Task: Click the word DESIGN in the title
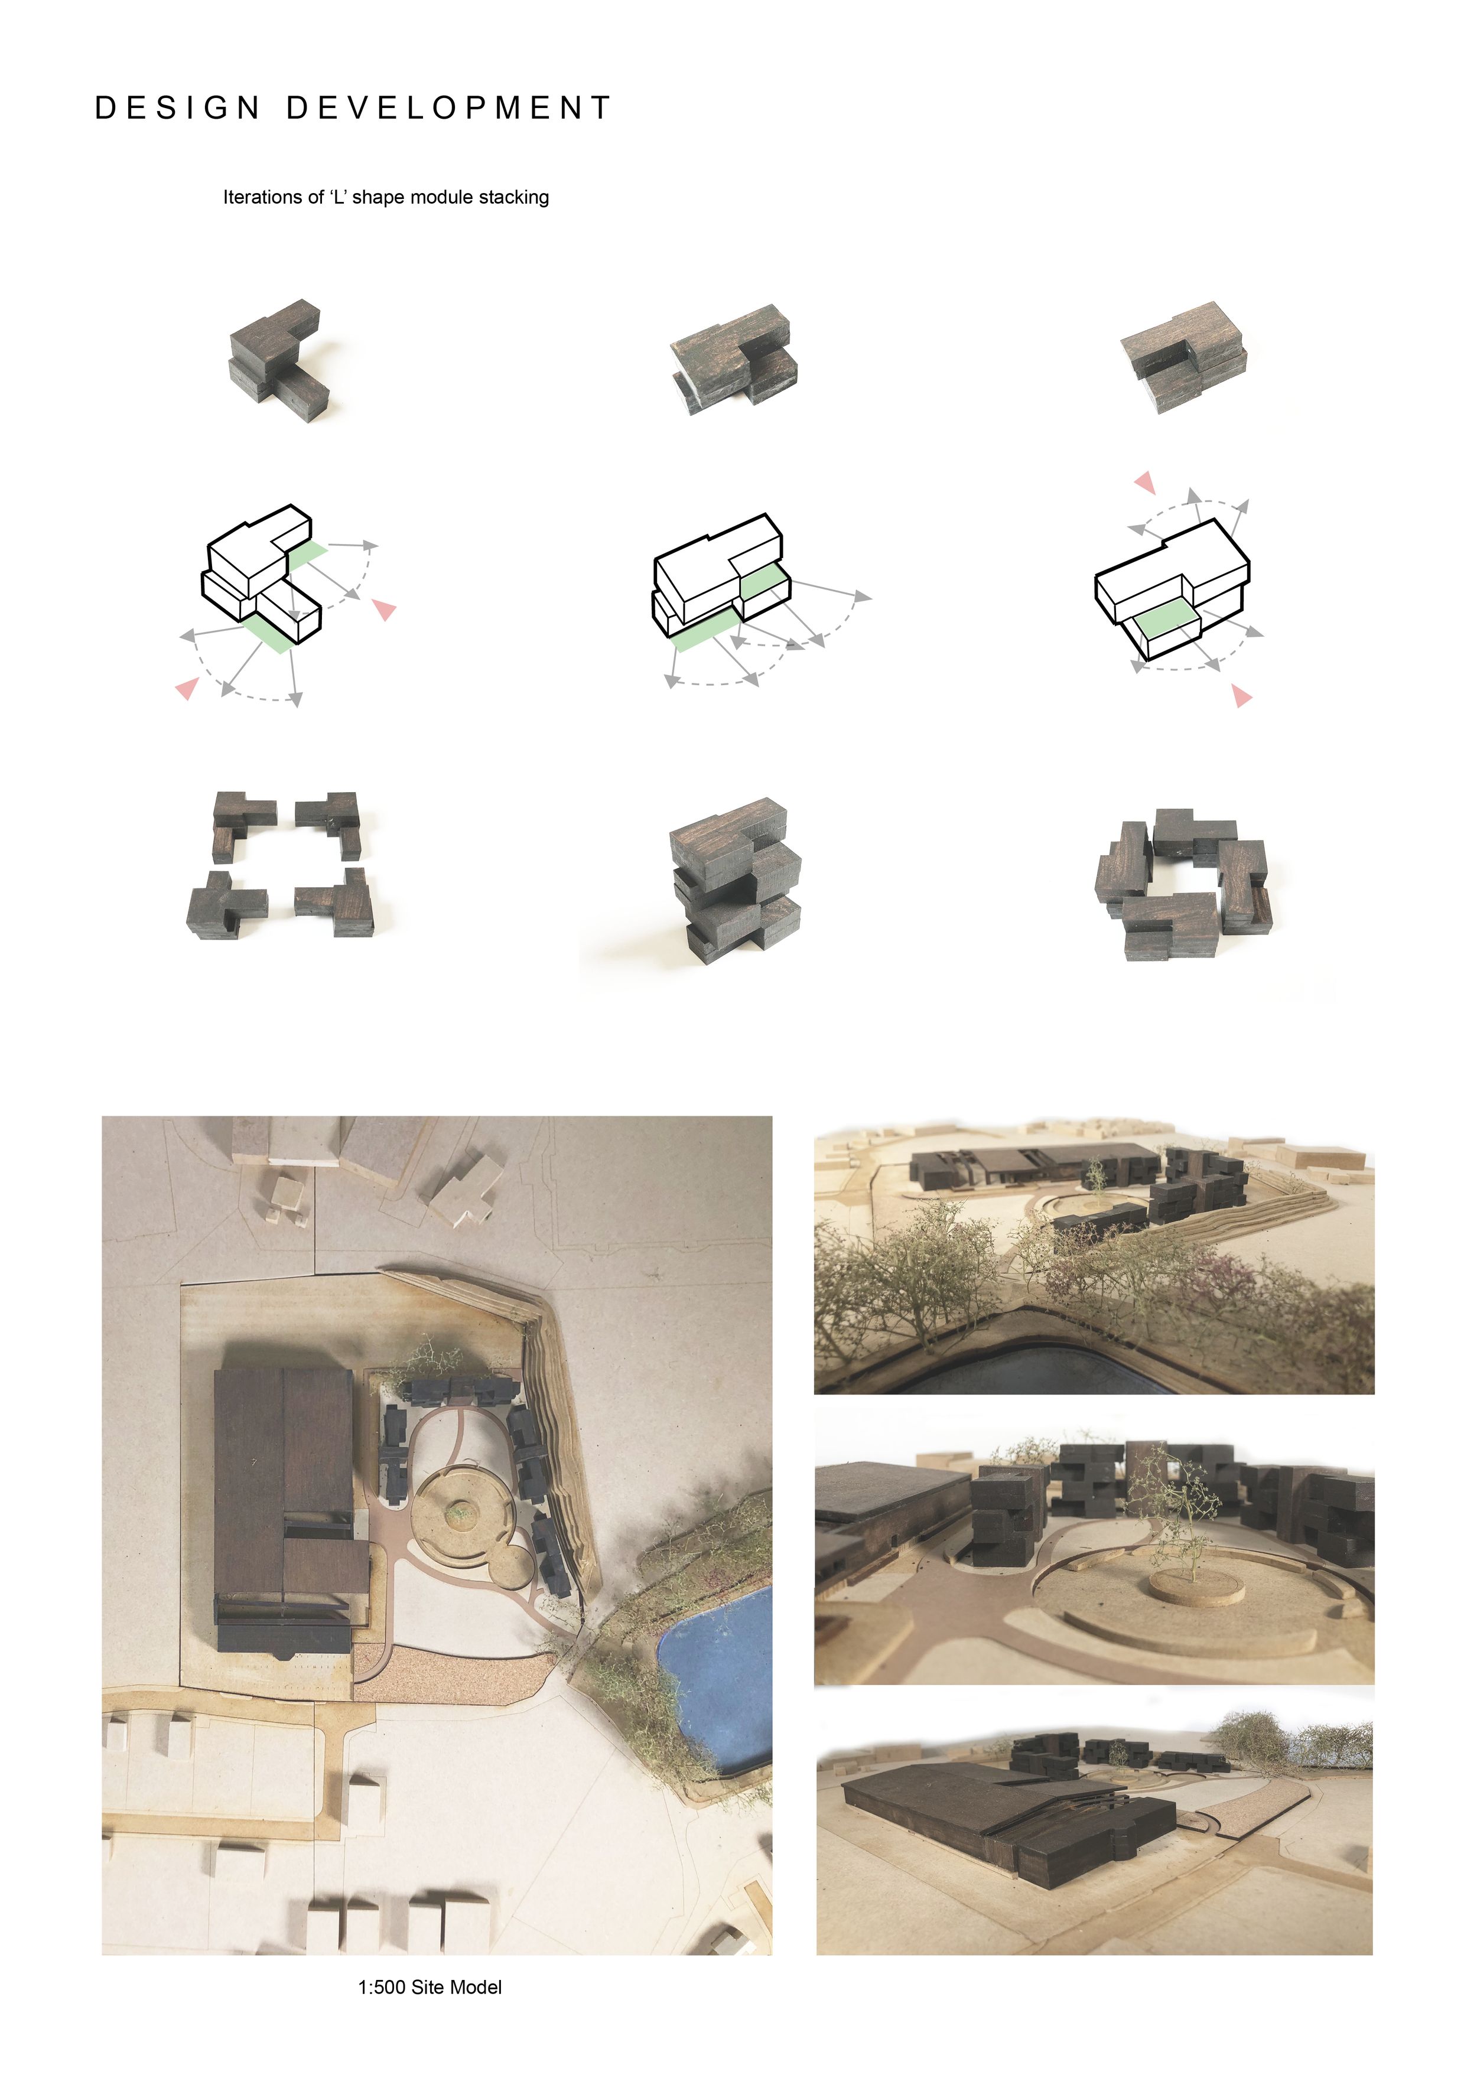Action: pyautogui.click(x=178, y=108)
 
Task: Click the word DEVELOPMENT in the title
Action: pyautogui.click(x=449, y=108)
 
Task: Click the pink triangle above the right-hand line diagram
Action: pyautogui.click(x=1145, y=482)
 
